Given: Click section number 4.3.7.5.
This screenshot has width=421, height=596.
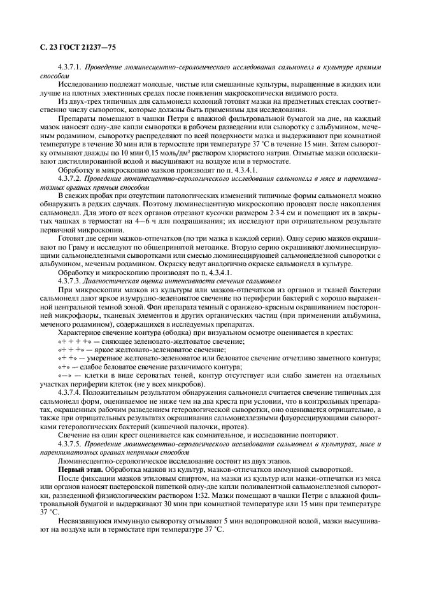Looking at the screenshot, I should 69,443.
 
